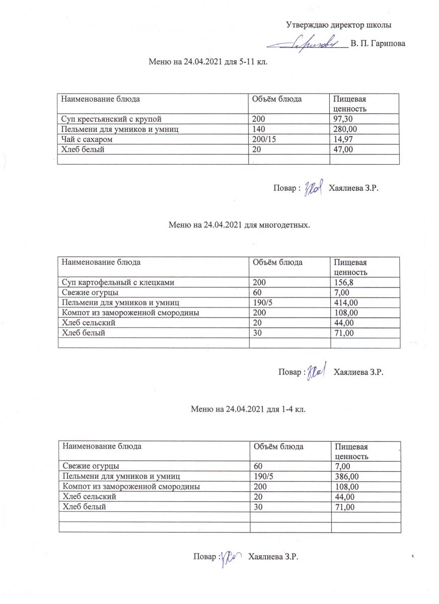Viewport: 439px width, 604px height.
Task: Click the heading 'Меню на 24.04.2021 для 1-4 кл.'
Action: point(248,409)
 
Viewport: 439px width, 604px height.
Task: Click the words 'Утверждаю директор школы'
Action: point(339,24)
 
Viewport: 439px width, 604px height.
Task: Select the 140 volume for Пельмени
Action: point(258,129)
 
